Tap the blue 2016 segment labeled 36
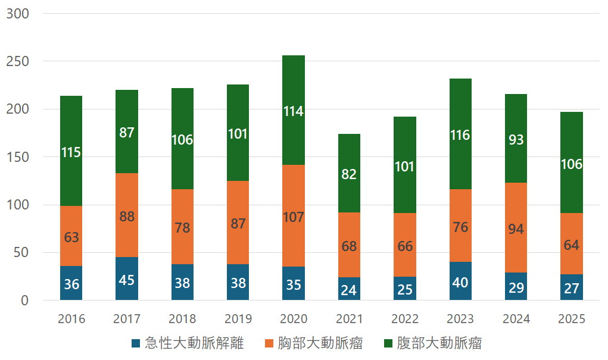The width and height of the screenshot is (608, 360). (71, 283)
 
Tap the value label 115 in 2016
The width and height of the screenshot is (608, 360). (71, 152)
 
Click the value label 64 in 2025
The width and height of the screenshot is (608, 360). (572, 245)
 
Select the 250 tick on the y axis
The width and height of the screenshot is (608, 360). (17, 62)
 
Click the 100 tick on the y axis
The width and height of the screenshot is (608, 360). (17, 205)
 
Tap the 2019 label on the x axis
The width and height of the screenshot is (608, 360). (238, 319)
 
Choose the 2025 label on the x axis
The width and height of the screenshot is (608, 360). (572, 319)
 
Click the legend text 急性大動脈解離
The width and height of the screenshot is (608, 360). (194, 343)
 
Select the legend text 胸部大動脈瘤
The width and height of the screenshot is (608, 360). (320, 343)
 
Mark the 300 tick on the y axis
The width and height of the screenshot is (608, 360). (17, 14)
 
